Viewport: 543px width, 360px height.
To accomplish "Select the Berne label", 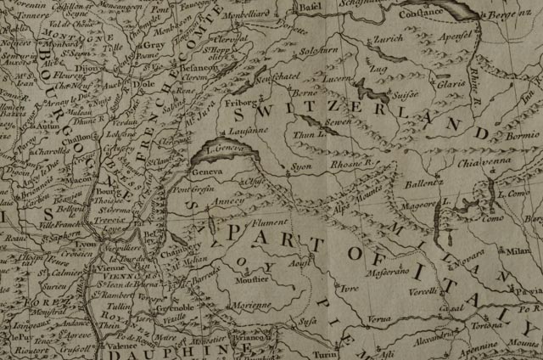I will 305,92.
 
